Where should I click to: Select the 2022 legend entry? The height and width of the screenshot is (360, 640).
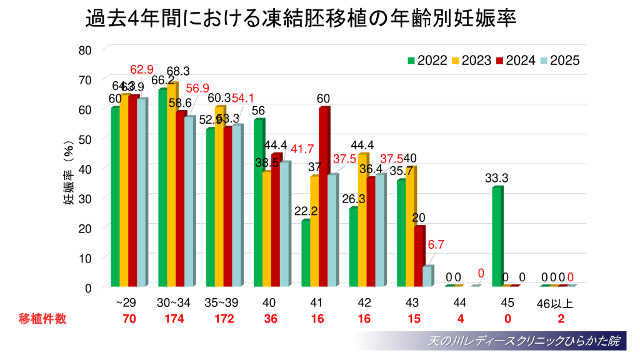[x=427, y=61]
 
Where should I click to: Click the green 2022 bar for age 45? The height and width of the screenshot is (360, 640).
[x=497, y=236]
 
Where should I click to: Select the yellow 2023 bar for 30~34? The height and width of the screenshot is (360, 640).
[x=171, y=184]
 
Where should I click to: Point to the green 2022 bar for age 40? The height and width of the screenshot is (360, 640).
[x=259, y=202]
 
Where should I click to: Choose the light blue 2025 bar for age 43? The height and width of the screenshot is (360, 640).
[x=426, y=276]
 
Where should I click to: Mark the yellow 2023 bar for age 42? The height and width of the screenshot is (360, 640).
[x=362, y=220]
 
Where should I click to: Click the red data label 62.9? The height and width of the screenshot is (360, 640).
[x=142, y=69]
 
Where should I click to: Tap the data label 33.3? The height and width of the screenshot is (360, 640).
[x=496, y=178]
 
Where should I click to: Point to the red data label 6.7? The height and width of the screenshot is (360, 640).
[x=436, y=245]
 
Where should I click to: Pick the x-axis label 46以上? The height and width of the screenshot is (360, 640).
[x=556, y=304]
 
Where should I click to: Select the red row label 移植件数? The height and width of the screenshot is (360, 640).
[x=42, y=319]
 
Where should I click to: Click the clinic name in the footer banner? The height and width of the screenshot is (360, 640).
[x=522, y=341]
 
